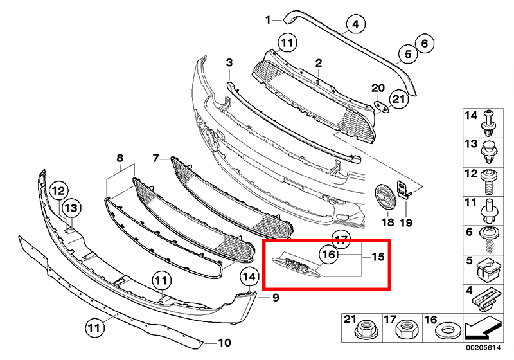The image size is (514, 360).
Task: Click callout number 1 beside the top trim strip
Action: pyautogui.click(x=269, y=20)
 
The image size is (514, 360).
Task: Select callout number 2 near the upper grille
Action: pyautogui.click(x=317, y=62)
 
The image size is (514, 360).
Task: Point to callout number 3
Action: pyautogui.click(x=228, y=62)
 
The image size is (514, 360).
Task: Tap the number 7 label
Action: pyautogui.click(x=155, y=157)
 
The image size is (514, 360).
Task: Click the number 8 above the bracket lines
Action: pyautogui.click(x=120, y=157)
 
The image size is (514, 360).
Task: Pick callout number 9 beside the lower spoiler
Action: pyautogui.click(x=275, y=298)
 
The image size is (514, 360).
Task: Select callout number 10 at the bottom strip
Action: pyautogui.click(x=223, y=342)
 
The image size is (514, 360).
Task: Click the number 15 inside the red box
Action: pyautogui.click(x=378, y=256)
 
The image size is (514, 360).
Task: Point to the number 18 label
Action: pyautogui.click(x=387, y=222)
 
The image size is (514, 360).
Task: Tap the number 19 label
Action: pyautogui.click(x=406, y=222)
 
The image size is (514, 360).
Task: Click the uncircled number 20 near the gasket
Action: pyautogui.click(x=378, y=87)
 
